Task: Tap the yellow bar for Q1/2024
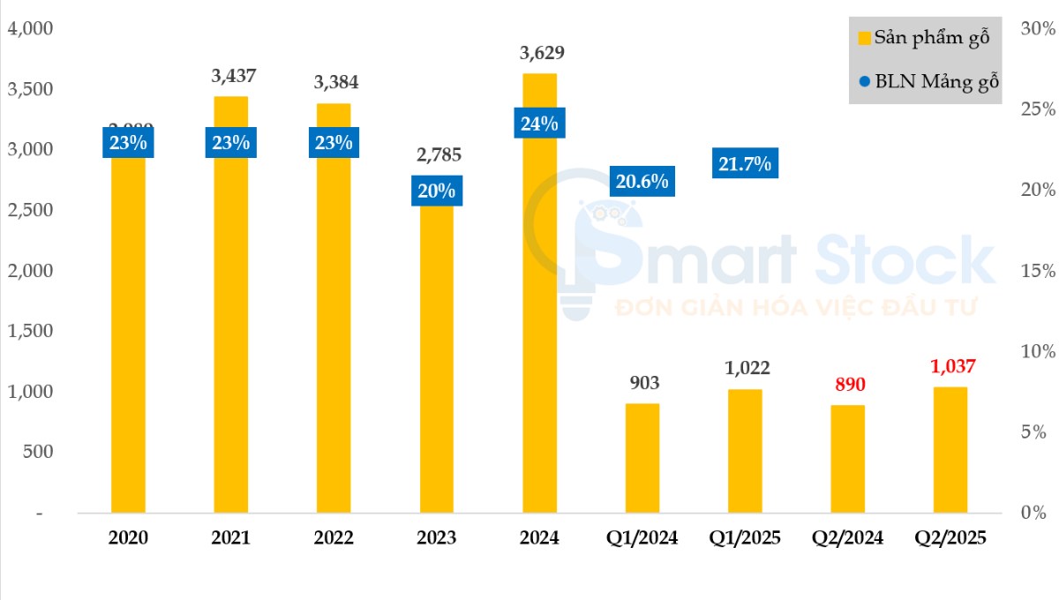[x=642, y=458]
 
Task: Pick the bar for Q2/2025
[x=950, y=450]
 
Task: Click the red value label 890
[x=848, y=384]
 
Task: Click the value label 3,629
[x=542, y=53]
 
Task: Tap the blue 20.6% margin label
[x=642, y=182]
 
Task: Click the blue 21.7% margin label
[x=745, y=163]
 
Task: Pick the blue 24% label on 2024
[x=539, y=124]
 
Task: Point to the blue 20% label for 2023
[x=437, y=191]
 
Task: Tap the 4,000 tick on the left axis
[x=31, y=28]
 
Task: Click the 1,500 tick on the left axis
[x=31, y=331]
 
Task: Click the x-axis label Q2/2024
[x=848, y=538]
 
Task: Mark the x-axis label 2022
[x=334, y=538]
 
